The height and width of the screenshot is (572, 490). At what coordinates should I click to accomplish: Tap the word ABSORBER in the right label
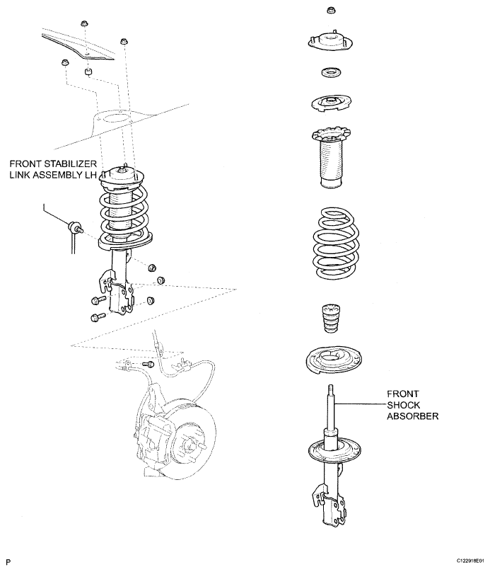click(413, 416)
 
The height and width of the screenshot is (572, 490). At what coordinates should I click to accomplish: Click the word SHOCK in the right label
click(404, 404)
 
